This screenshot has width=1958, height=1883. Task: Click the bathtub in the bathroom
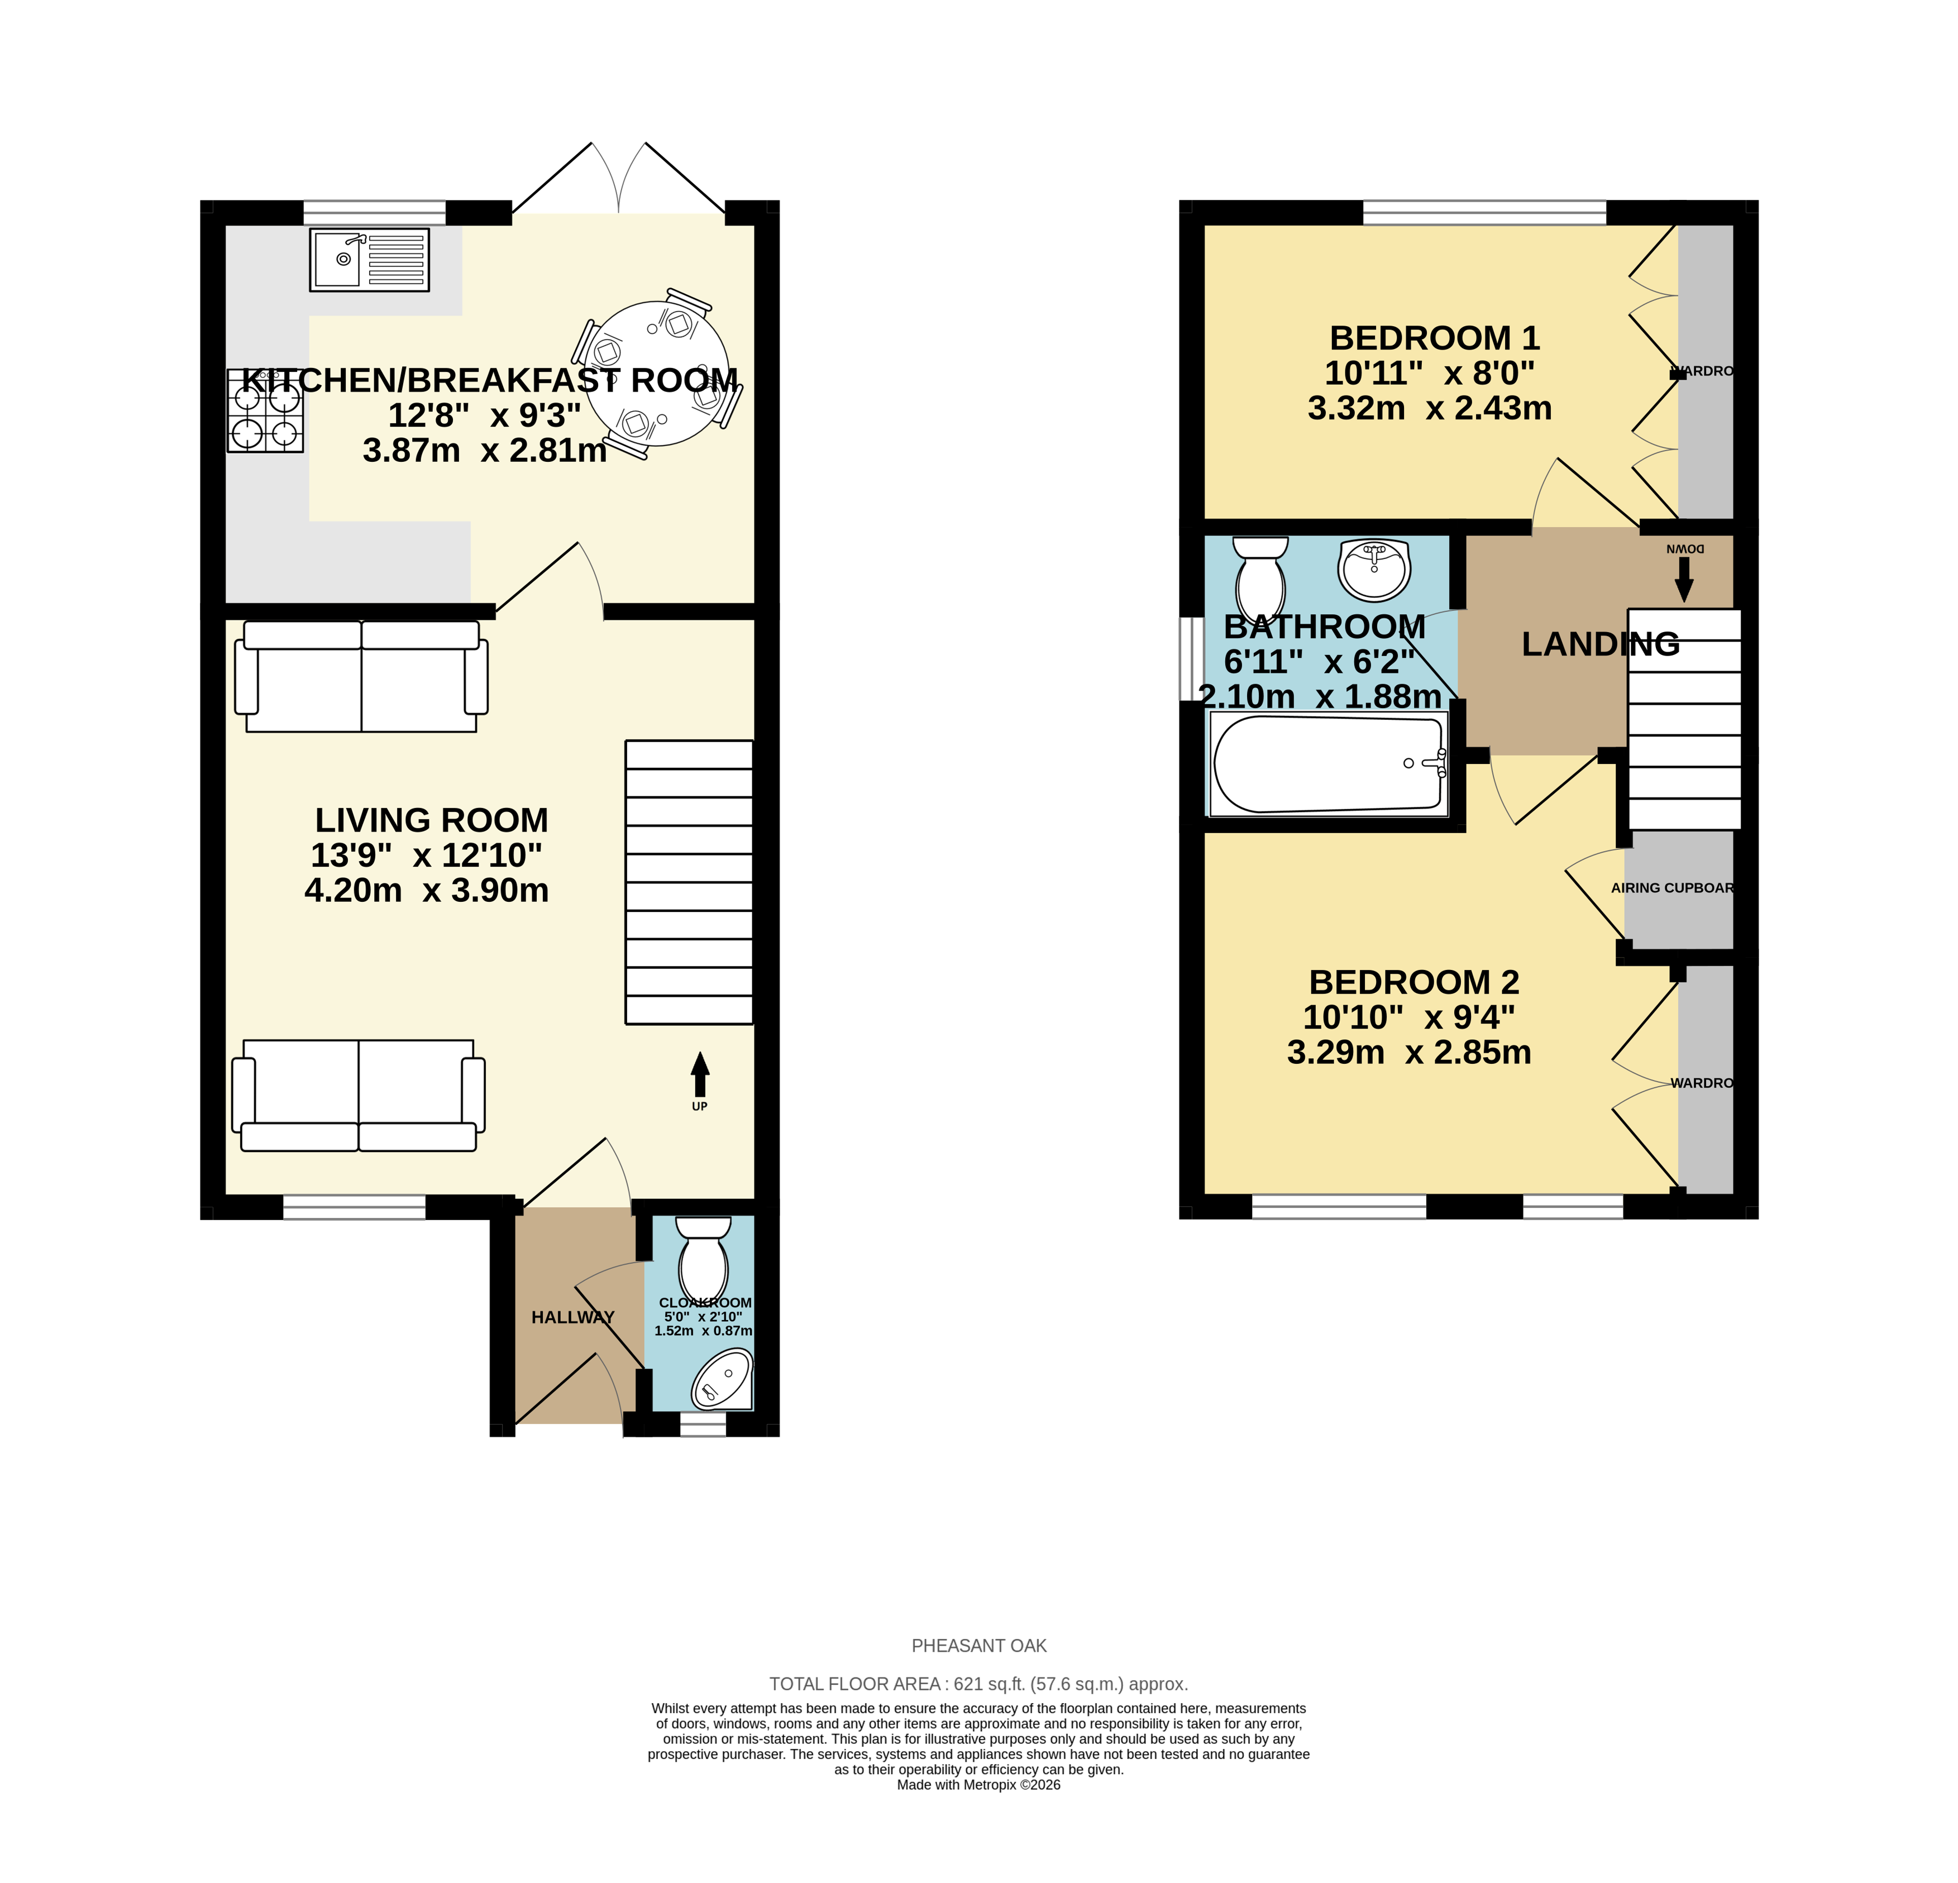click(x=1329, y=764)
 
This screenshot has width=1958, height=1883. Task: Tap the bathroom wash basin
click(x=1374, y=570)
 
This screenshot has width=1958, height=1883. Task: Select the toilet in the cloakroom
click(x=703, y=1261)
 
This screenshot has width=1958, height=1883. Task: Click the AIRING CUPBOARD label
click(x=1672, y=888)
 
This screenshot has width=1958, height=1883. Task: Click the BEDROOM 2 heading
click(x=1413, y=982)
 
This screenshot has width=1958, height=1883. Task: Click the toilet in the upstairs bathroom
click(x=1260, y=580)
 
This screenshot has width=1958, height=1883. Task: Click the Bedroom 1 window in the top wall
click(x=1484, y=212)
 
